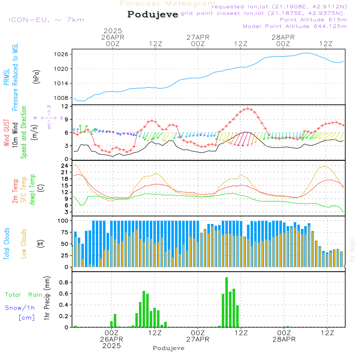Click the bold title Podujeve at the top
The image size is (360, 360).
coord(153,14)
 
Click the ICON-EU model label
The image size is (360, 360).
coord(46,20)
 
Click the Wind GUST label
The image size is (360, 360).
coord(7,133)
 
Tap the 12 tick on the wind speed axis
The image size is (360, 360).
coord(65,106)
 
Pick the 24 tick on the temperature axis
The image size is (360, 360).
coord(65,166)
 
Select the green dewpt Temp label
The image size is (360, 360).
coord(33,190)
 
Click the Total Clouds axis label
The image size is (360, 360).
coord(7,244)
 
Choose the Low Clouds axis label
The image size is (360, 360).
coord(24,244)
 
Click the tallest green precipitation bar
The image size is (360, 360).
coord(227,302)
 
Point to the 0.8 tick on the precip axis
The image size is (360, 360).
coord(64,282)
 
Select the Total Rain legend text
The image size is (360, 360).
coord(24,295)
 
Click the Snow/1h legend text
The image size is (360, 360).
coord(20,308)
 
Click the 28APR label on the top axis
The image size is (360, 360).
coord(283,37)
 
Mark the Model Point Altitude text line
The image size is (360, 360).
coord(295,26)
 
